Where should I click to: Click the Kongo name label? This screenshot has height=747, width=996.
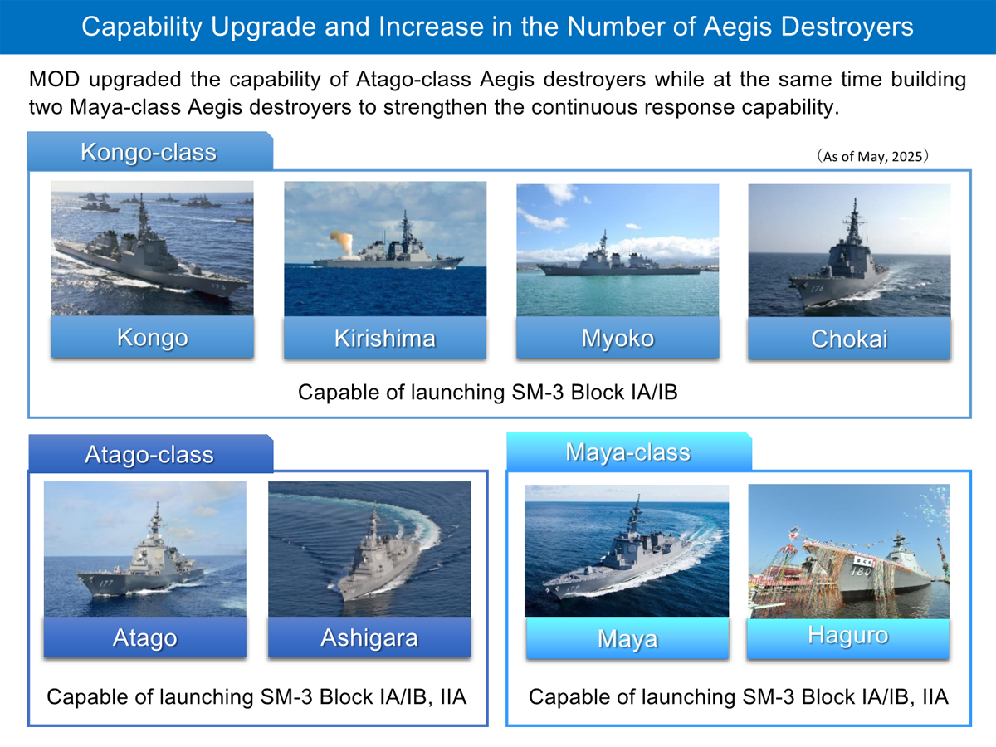coord(152,338)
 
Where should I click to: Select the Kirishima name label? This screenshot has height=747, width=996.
coord(384,339)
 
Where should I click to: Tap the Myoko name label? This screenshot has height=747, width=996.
coord(618,339)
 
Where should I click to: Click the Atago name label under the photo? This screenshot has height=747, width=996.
coord(145,638)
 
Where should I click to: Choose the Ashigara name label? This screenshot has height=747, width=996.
coord(369,638)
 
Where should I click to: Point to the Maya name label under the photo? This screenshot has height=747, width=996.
coord(627,640)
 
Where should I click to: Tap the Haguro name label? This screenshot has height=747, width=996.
coord(847,636)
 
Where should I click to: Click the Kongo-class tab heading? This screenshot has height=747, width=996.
coord(149,153)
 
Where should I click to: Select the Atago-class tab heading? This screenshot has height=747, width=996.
coord(149,455)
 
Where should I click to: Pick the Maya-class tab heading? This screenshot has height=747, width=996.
coord(627,452)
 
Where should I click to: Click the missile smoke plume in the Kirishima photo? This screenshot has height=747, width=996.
coord(342,242)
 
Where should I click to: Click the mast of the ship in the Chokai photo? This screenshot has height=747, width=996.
coord(853,220)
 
